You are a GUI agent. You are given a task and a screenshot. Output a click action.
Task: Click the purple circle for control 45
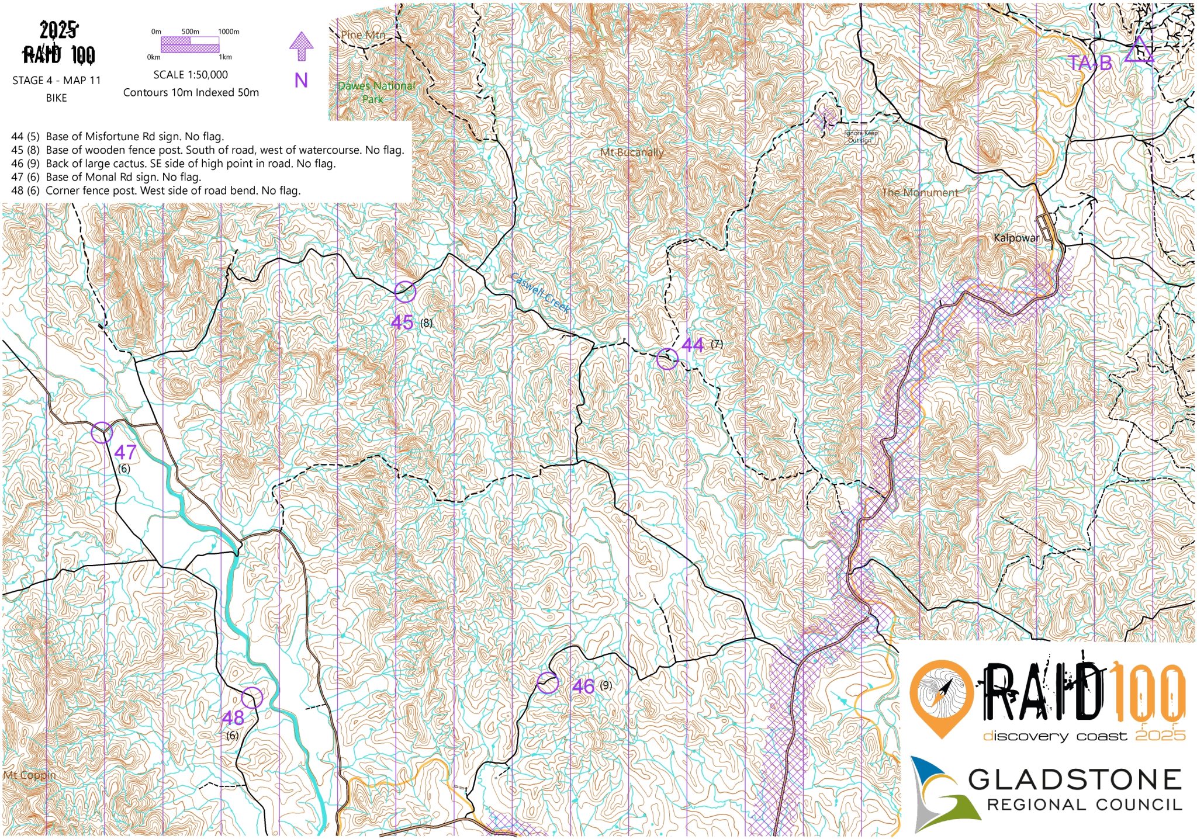[x=405, y=291]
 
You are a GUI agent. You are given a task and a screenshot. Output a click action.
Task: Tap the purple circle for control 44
[x=667, y=359]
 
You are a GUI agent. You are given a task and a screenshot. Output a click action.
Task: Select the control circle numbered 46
[x=548, y=682]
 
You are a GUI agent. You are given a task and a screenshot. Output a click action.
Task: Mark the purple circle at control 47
[x=102, y=433]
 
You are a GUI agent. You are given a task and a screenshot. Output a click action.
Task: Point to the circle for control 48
[x=252, y=698]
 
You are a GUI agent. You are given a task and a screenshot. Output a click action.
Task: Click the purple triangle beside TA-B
[x=1138, y=50]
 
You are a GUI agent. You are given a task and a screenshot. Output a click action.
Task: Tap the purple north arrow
[x=302, y=46]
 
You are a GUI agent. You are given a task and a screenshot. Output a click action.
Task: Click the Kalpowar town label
[x=1016, y=238]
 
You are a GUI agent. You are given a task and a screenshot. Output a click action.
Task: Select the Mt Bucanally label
[x=632, y=152]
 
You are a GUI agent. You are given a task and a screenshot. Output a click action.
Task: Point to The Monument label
[x=919, y=192]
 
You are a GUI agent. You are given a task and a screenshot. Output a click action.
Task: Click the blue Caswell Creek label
[x=540, y=293]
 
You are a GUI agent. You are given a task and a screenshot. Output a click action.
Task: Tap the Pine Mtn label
[x=363, y=35]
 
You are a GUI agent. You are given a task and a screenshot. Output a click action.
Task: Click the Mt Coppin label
[x=30, y=775]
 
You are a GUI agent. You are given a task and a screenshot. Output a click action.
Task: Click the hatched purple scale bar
[x=189, y=44]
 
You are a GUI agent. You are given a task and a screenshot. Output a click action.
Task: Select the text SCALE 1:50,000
[x=191, y=75]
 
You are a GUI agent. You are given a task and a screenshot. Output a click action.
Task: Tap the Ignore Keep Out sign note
[x=861, y=137]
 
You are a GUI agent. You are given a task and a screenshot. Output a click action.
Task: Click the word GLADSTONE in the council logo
[x=1075, y=780]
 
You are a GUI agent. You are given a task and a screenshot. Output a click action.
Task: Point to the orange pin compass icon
[x=942, y=698]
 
